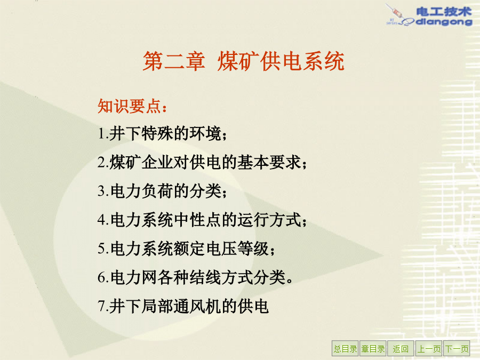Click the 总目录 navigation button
click(345, 348)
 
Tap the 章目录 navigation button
click(373, 348)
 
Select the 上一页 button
click(429, 348)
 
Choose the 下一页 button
click(457, 348)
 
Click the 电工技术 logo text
click(444, 12)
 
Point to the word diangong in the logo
click(444, 22)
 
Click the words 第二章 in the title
click(174, 61)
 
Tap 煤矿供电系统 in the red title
click(281, 61)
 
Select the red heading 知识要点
click(129, 106)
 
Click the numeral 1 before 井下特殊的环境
click(102, 134)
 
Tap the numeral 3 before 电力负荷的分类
click(102, 191)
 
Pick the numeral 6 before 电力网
click(102, 277)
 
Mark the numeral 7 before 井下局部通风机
click(102, 306)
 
